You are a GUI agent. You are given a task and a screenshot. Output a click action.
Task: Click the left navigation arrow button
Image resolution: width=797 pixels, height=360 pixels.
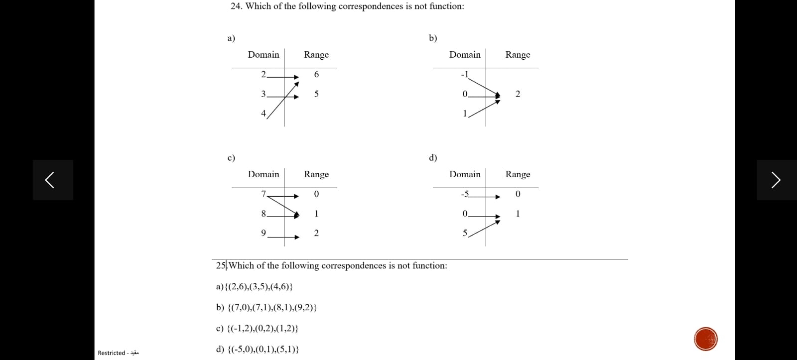coord(53,180)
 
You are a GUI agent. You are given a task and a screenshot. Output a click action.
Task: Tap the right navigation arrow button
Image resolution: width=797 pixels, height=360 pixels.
coord(776,180)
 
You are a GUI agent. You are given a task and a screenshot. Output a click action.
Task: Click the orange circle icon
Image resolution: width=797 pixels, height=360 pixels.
coord(706,339)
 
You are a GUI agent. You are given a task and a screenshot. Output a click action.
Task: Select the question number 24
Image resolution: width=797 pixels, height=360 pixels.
coord(236,6)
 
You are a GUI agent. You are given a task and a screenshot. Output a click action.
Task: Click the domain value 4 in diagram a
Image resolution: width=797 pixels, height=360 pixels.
coord(264,113)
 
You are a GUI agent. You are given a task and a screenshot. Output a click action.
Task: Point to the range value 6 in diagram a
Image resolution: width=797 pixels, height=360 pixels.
coord(316,74)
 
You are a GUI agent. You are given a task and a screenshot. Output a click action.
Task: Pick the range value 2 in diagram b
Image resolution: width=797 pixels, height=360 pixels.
coord(518,94)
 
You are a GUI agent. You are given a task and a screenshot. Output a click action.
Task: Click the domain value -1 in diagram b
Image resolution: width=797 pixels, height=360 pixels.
coord(464,75)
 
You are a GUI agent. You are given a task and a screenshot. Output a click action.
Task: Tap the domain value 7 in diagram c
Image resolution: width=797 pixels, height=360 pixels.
coord(264,194)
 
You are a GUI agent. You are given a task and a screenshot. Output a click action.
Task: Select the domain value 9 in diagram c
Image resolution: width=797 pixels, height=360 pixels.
coord(264,233)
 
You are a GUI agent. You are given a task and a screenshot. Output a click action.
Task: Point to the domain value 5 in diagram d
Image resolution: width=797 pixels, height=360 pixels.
coord(465,233)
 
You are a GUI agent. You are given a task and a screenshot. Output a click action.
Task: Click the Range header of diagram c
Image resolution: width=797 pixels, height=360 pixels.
coord(316,174)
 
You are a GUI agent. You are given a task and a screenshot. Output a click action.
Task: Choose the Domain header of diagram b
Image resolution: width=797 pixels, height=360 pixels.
coord(465,55)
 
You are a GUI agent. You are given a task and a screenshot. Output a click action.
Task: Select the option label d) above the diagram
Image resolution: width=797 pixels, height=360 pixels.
coord(433,158)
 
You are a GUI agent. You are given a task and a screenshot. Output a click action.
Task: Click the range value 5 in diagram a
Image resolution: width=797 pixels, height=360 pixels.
coord(316,94)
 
